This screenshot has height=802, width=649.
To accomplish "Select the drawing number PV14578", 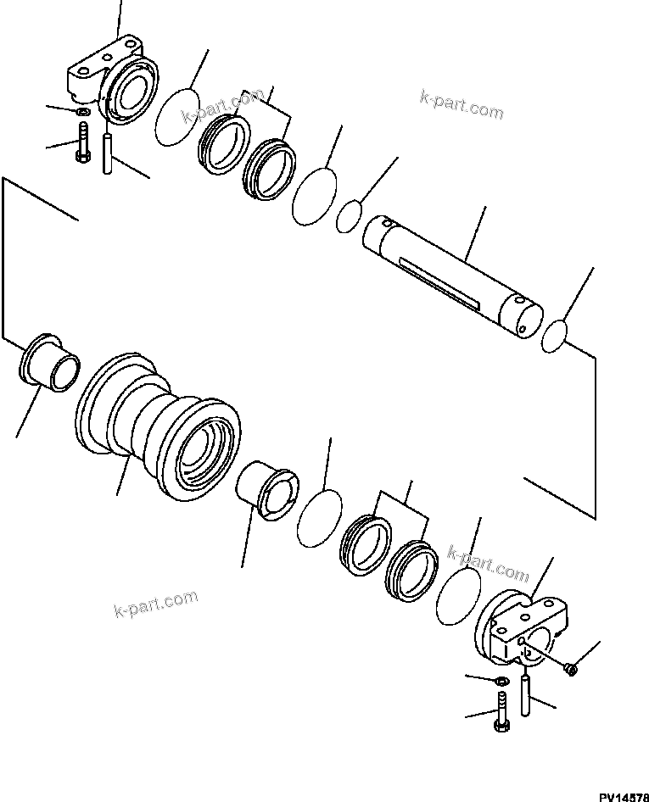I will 623,794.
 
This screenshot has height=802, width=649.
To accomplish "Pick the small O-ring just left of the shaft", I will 350,215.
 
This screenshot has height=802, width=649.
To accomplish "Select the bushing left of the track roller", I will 49,363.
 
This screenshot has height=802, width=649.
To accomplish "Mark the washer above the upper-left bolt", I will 82,113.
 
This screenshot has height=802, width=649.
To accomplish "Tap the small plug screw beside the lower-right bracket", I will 570,669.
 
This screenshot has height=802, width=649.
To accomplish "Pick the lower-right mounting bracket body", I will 522,632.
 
